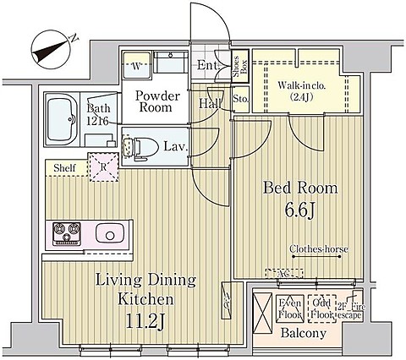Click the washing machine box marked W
point(135,64)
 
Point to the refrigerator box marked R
point(103,167)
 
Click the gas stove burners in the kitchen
point(66,232)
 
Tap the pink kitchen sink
point(110,232)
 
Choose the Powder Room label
point(155,101)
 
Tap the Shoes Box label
point(240,68)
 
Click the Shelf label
point(65,168)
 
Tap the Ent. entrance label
point(207,65)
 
